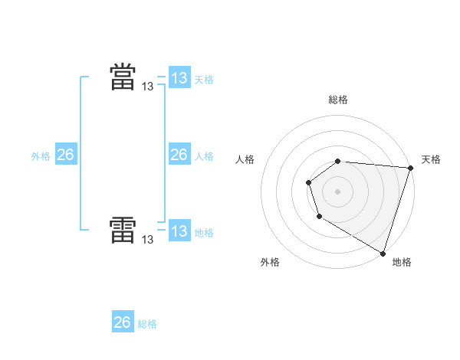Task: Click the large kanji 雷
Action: point(123,230)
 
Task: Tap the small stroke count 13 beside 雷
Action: point(147,240)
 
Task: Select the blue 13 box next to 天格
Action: point(179,78)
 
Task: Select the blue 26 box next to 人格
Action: point(179,155)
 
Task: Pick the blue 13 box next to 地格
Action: point(179,231)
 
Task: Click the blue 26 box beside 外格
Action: point(66,155)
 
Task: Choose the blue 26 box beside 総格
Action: point(123,322)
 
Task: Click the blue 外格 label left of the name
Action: point(41,156)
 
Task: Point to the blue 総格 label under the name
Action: point(147,324)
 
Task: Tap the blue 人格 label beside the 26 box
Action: point(204,156)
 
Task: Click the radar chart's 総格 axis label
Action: point(338,100)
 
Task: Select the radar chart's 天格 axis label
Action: point(431,159)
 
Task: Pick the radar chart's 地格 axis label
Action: point(402,262)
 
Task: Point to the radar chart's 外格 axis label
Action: point(270,262)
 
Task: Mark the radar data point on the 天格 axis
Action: point(410,168)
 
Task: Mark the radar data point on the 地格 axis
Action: point(383,253)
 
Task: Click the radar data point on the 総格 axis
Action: point(338,161)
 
